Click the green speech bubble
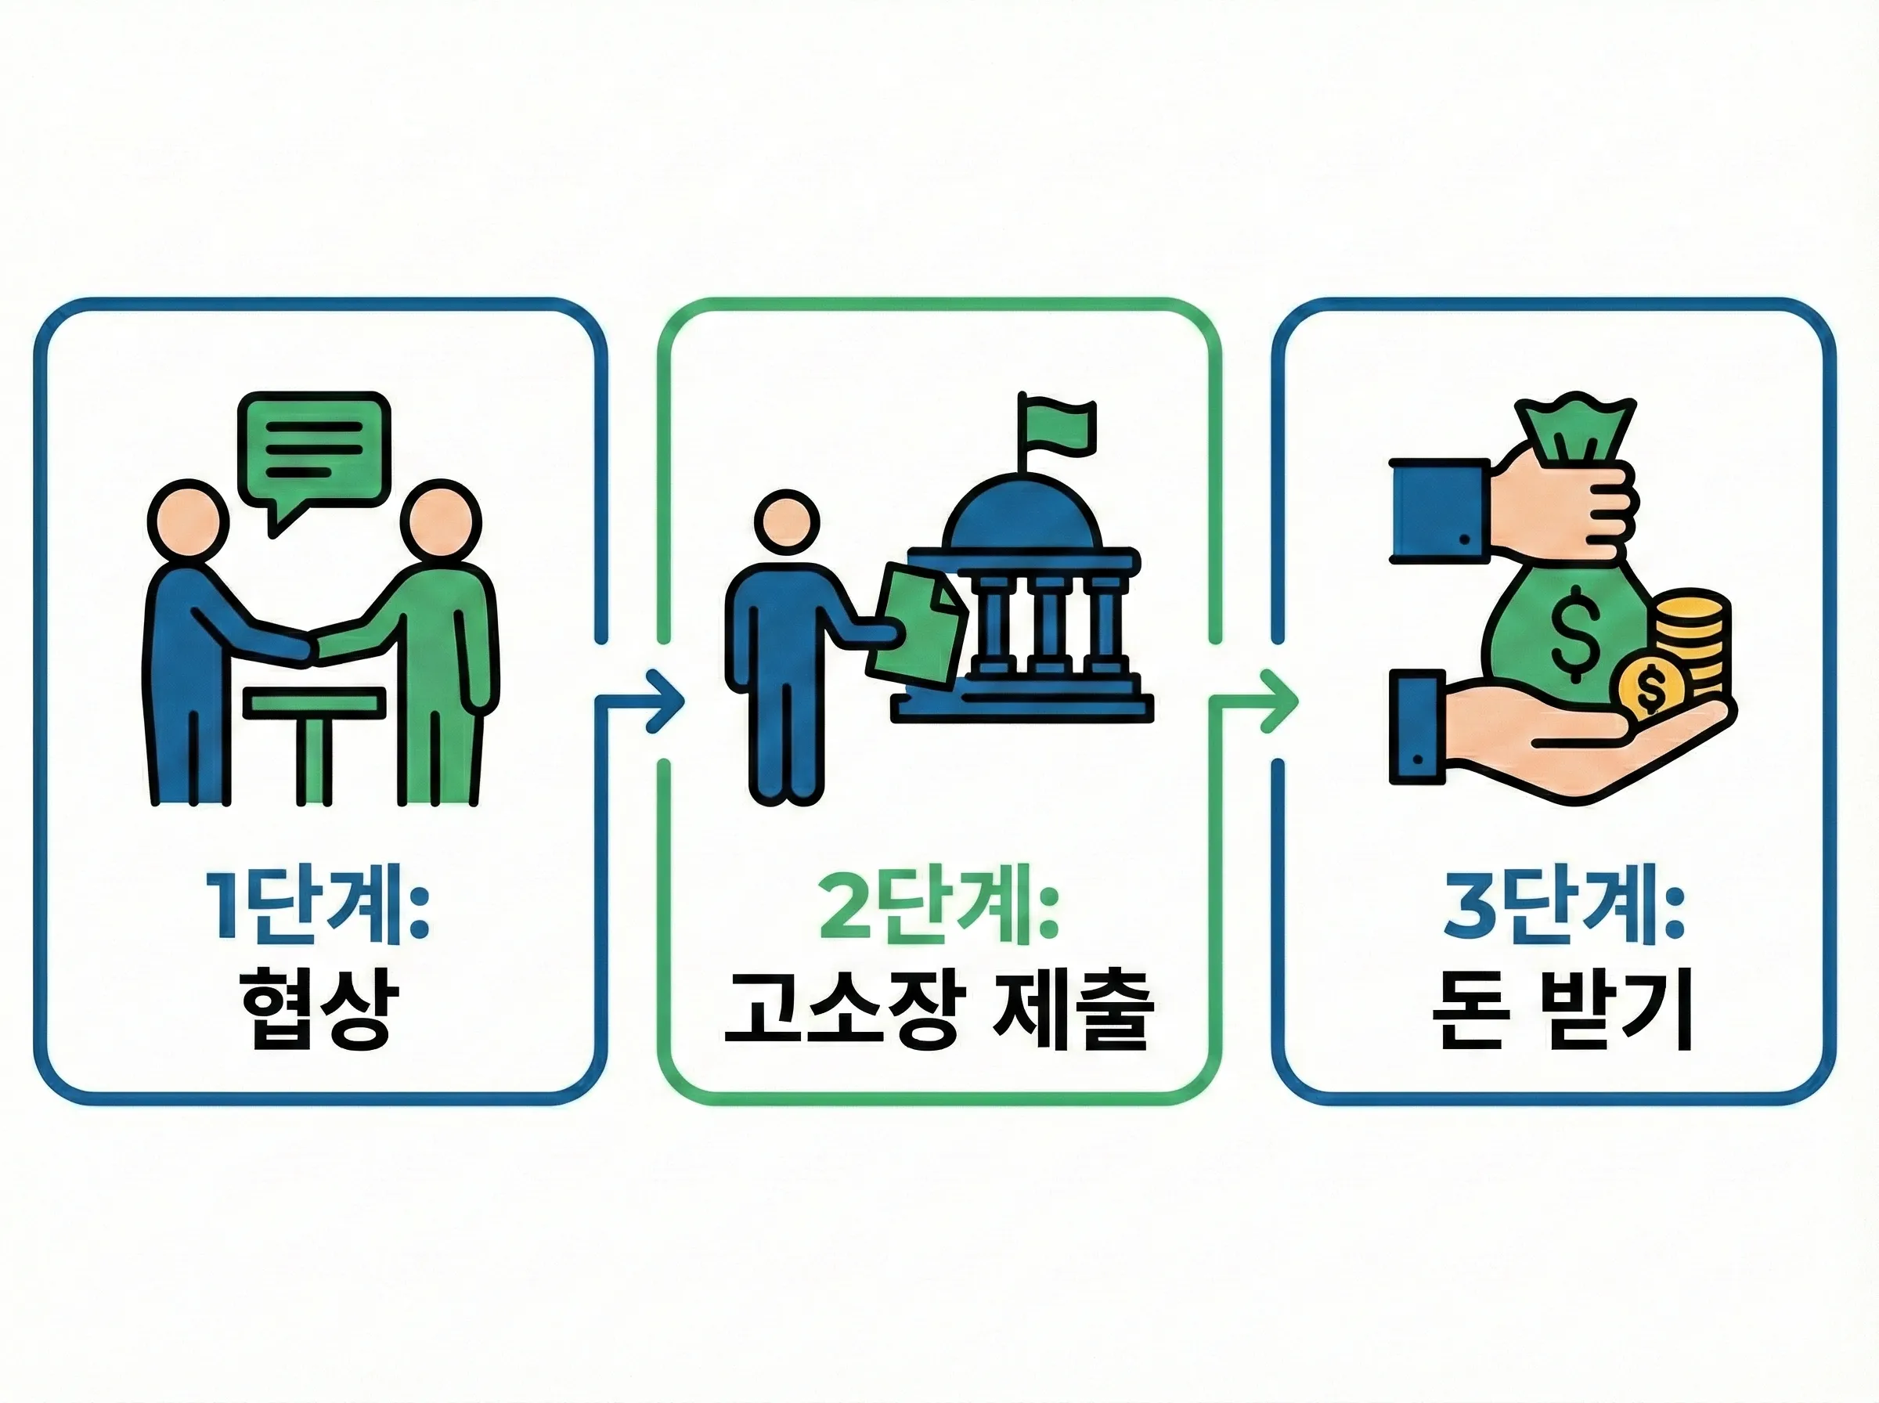click(x=314, y=450)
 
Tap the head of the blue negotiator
click(x=188, y=520)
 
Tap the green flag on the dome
click(x=1059, y=424)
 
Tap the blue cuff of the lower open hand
click(x=1416, y=726)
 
